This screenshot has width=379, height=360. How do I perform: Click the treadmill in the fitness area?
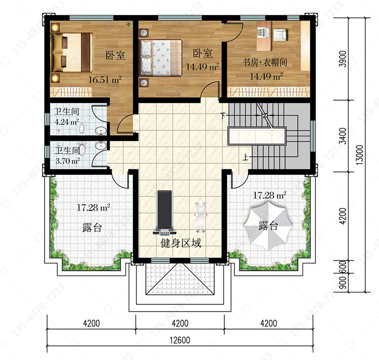click(165, 213)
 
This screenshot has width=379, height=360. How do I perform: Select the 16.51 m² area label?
click(105, 79)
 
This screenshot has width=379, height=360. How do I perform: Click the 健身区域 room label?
click(181, 243)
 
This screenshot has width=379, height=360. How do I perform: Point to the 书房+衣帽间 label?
click(265, 62)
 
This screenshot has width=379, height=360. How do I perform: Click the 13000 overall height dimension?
click(360, 155)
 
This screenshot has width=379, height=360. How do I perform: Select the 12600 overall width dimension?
click(180, 340)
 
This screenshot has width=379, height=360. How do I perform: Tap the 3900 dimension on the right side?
click(343, 59)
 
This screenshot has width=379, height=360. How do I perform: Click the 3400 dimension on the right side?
click(343, 136)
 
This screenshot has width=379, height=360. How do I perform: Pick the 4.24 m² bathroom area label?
click(67, 122)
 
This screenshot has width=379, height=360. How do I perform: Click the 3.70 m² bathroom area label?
click(68, 161)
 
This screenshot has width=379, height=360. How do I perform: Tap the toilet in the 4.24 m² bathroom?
click(83, 128)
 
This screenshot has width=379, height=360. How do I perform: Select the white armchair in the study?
click(280, 34)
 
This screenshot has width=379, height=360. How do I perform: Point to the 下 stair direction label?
click(223, 115)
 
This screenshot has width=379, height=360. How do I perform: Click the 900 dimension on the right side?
click(343, 283)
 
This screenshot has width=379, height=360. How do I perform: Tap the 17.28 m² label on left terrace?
click(93, 207)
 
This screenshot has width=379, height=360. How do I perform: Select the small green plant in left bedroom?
click(129, 24)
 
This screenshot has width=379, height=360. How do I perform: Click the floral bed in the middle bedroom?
click(161, 58)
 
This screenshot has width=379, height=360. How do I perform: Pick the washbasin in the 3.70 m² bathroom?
click(100, 145)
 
